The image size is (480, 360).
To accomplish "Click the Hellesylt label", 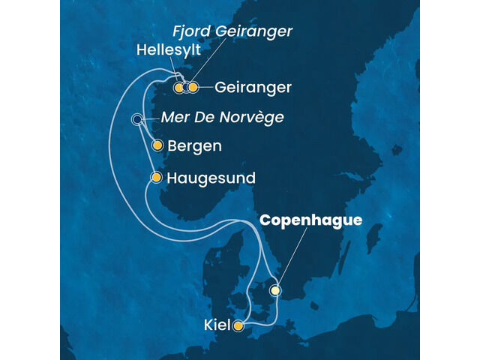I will pos(168,49).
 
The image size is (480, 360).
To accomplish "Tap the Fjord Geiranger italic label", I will pos(228,31).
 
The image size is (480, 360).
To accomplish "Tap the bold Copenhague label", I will pos(311,220).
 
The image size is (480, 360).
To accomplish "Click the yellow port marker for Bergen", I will pos(157,146).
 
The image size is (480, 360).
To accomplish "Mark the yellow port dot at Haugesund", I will pos(156,178).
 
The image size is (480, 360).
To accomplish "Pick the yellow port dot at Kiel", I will pos(238,326).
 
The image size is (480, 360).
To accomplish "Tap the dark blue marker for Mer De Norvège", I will pos(136,119).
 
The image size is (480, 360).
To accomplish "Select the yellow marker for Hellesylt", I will pos(178,88).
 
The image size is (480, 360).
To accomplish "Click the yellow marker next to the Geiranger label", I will pos(193,88).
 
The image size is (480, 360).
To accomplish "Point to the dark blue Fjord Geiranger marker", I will pos(186,88).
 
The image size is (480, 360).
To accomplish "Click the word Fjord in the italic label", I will pos(187,31).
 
